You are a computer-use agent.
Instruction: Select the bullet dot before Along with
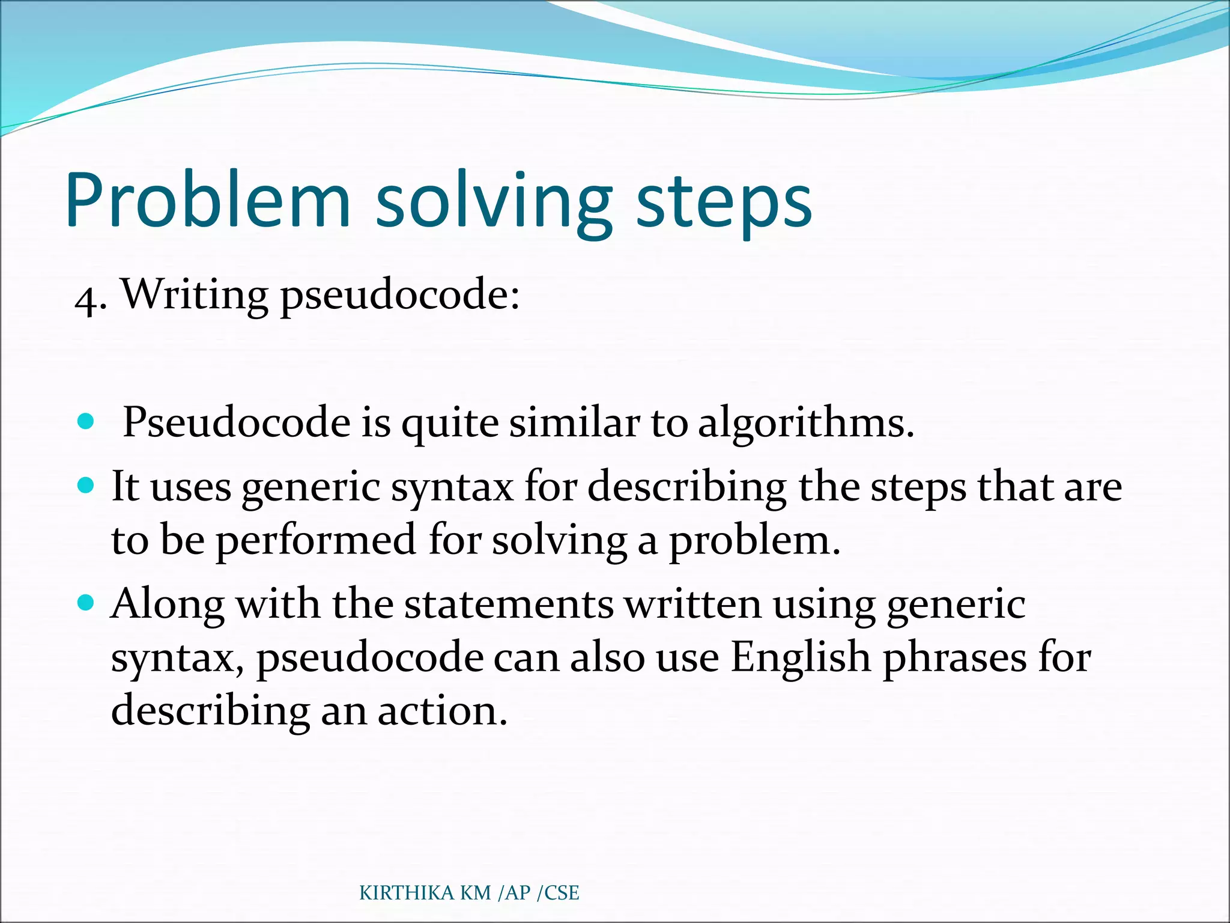tap(86, 602)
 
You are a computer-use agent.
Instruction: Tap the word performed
tap(315, 540)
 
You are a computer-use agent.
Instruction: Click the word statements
tap(509, 603)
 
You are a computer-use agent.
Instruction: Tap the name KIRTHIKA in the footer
tap(407, 893)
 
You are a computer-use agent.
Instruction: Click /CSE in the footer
tap(558, 893)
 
